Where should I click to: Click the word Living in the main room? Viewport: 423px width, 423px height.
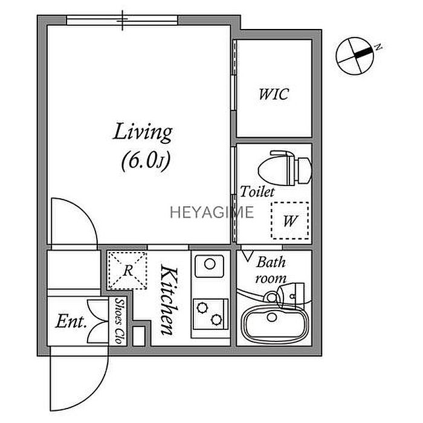pos(143,132)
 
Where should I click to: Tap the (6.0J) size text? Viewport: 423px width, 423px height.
pos(146,161)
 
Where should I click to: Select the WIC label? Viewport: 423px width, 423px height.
pos(274,94)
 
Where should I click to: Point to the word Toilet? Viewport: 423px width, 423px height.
pos(257,192)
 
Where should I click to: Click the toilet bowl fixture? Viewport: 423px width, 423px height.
pos(285,168)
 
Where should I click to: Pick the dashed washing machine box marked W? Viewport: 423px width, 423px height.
pos(290,221)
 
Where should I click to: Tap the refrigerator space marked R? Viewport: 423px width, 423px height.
pos(128,270)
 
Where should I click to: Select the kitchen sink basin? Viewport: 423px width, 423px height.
pos(210,266)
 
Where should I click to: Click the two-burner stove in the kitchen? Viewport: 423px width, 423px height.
pos(210,314)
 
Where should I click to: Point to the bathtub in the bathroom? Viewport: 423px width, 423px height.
pos(273,325)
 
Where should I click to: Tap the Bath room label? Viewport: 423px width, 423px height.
pos(271,270)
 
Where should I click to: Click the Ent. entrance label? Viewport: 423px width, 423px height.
pos(71,321)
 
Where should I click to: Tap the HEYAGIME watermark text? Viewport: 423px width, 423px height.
pos(212,212)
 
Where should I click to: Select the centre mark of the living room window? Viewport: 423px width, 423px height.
pos(123,20)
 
